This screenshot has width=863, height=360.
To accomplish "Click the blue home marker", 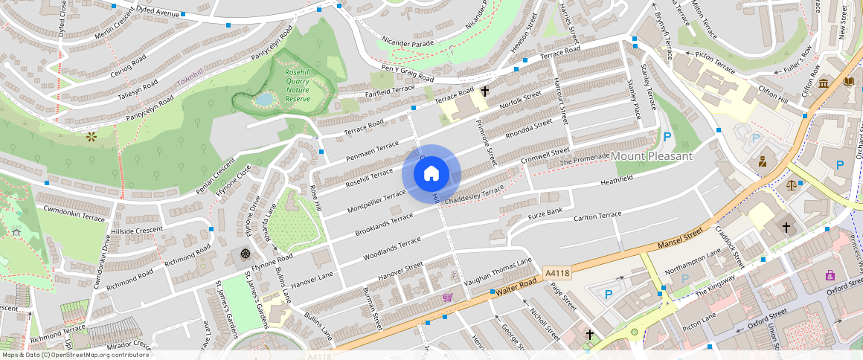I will coord(431,174).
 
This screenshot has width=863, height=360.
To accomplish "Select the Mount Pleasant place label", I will coord(651,156).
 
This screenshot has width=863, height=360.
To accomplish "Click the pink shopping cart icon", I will coord(447,298).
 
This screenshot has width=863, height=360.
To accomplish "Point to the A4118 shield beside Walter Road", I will coord(556,274).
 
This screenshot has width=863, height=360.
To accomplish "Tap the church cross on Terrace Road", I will coord(485,91).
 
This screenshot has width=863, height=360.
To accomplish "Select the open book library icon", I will coord(847,81).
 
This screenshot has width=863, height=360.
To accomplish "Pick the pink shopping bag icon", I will coord(830,276).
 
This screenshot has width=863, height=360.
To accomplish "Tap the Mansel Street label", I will coord(680,240).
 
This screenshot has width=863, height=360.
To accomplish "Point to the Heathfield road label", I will coord(616,179).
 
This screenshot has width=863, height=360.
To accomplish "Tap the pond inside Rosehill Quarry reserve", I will coord(264,99).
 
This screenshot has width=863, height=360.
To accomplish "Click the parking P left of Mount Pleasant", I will coord(667,137).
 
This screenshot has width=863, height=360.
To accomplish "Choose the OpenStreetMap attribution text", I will coord(74,355).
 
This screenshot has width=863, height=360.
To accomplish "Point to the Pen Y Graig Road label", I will coord(407,74).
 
